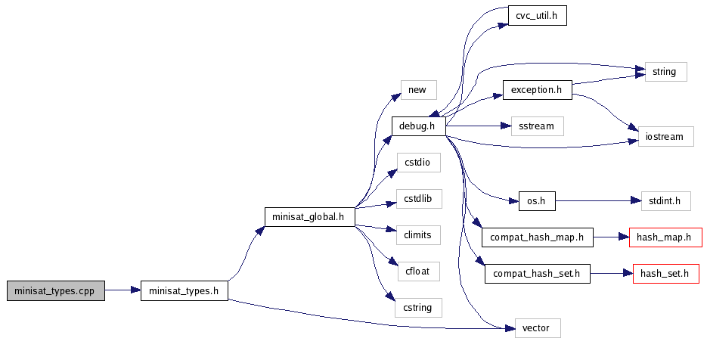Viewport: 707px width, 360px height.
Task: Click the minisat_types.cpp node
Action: pos(55,290)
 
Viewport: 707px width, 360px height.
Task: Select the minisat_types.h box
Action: pos(185,290)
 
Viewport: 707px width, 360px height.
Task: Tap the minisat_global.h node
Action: pos(310,217)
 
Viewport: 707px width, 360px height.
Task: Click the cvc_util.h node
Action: pos(537,14)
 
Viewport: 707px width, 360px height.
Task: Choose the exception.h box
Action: pos(537,91)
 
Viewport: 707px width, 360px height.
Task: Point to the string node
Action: pos(665,73)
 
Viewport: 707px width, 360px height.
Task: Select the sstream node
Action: pos(537,126)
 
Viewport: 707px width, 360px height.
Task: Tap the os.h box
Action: pos(537,201)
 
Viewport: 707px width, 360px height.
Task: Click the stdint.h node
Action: pos(665,201)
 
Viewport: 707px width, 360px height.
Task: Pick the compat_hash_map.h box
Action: pos(537,237)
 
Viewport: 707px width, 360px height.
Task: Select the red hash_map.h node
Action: pos(665,237)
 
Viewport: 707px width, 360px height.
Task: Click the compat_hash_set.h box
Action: pos(537,274)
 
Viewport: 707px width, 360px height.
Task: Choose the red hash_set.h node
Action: pos(665,274)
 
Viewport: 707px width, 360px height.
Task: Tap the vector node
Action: pos(537,328)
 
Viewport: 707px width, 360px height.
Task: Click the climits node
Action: pos(417,235)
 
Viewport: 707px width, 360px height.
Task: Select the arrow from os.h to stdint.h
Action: pos(597,201)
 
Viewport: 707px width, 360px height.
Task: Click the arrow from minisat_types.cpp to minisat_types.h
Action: pos(122,290)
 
